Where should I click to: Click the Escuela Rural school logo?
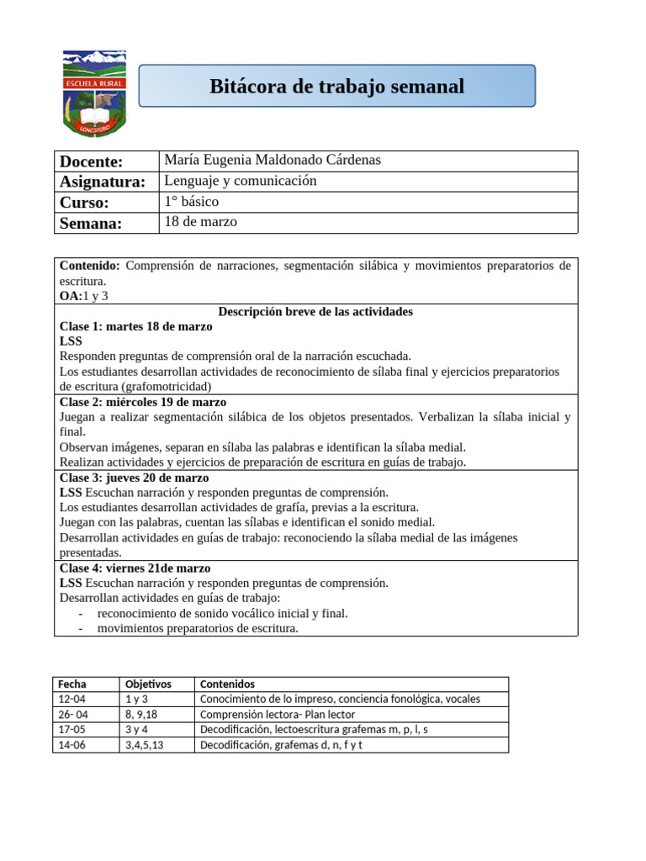95,92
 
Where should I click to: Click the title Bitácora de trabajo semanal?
336,87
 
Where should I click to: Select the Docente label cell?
92,161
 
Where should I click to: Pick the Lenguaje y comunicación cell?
241,181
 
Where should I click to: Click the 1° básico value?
192,202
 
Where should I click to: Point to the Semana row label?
91,223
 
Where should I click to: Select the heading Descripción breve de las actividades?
315,311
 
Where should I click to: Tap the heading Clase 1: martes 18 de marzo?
136,326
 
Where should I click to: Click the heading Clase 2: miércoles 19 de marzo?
143,402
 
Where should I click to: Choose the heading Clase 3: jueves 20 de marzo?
135,478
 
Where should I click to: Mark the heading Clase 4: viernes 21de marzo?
135,568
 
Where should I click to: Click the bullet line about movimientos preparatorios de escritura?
198,628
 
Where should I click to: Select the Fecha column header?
72,684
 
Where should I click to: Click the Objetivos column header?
148,684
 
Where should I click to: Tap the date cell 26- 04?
74,715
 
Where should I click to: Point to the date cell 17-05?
72,730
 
